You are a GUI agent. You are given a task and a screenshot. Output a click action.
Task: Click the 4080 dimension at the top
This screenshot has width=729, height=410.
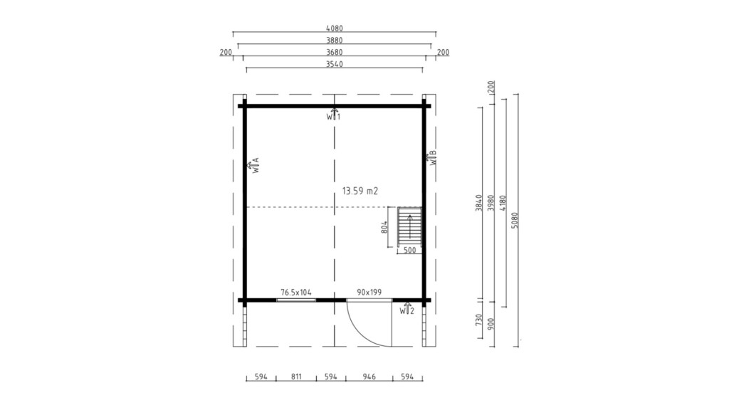(335, 28)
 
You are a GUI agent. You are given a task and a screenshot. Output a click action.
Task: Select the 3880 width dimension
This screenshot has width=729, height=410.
(335, 41)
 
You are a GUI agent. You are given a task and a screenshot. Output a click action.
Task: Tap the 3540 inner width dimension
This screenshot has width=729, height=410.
(335, 64)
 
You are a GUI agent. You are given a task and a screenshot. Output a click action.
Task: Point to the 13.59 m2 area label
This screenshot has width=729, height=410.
(360, 191)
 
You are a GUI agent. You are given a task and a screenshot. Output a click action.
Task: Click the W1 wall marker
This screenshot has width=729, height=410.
(333, 115)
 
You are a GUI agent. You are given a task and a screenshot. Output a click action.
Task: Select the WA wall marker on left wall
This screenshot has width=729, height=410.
(253, 165)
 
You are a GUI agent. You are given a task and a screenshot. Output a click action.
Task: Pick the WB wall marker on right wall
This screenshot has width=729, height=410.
(432, 158)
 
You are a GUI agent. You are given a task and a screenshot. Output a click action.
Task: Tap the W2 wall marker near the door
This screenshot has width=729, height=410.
(407, 309)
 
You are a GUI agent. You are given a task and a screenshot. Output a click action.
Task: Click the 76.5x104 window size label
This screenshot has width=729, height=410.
(295, 293)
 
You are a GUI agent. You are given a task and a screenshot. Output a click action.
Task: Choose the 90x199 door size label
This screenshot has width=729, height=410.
(369, 293)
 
